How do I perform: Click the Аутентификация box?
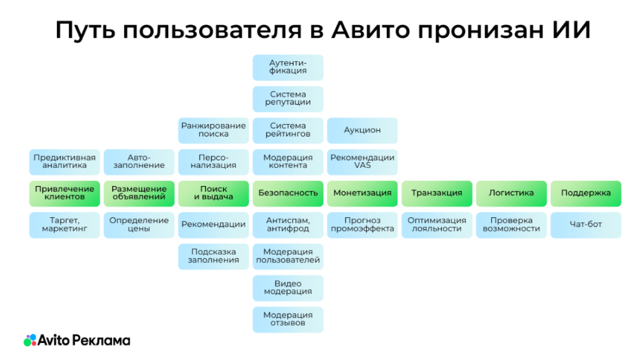click(288, 67)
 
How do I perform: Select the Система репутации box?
click(288, 98)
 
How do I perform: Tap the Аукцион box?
click(362, 130)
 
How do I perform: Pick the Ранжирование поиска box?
click(213, 130)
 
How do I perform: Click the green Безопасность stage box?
click(288, 193)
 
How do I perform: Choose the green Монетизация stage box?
click(362, 193)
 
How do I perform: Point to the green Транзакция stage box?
click(436, 193)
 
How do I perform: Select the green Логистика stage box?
click(511, 193)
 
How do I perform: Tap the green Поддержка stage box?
click(585, 193)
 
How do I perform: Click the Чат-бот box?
click(585, 225)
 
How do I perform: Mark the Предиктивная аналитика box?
click(64, 162)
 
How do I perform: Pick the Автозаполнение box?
click(139, 162)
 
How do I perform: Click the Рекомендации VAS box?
click(362, 162)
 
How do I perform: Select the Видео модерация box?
click(288, 288)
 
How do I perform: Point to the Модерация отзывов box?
click(288, 319)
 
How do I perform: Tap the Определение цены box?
click(139, 225)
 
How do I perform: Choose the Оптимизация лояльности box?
click(436, 225)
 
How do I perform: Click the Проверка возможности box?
click(511, 225)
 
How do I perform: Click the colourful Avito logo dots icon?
click(30, 341)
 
